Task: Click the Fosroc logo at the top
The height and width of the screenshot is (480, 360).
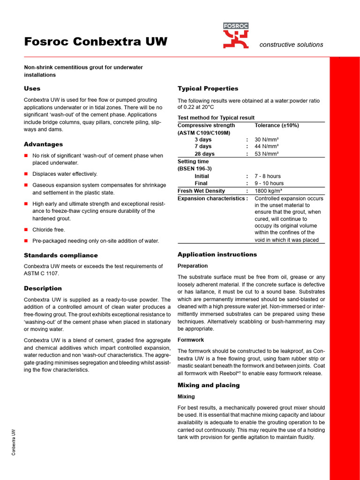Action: (x=236, y=36)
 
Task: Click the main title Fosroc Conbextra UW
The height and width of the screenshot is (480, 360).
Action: (x=96, y=42)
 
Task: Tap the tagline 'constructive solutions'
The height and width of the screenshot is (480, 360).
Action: (x=291, y=45)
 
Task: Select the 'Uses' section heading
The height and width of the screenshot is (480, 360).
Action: (x=32, y=89)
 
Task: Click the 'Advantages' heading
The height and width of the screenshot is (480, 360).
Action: (x=43, y=144)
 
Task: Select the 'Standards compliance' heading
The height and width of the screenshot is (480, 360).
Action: (x=61, y=255)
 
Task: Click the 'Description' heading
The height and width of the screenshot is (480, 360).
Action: (x=43, y=288)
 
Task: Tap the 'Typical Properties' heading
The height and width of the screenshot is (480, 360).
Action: (x=208, y=89)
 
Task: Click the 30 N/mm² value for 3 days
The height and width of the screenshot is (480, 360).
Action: (x=267, y=140)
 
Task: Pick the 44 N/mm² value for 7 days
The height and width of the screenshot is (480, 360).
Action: (x=267, y=147)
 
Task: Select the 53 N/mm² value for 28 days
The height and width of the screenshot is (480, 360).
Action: (x=267, y=154)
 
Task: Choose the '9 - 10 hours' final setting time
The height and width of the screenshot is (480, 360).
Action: (x=269, y=183)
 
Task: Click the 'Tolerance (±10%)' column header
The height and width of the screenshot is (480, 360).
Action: (x=277, y=126)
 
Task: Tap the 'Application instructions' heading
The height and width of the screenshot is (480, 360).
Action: (x=217, y=255)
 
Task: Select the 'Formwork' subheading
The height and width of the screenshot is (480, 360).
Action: (x=191, y=340)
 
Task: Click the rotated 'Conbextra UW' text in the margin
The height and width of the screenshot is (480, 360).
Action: (x=14, y=442)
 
